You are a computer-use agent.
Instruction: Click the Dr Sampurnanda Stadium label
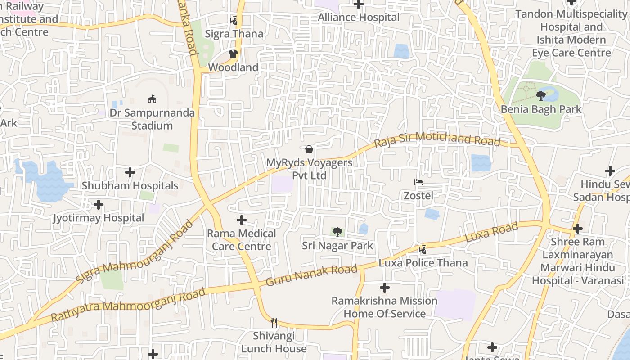pos(152,119)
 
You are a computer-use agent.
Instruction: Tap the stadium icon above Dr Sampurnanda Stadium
pos(152,99)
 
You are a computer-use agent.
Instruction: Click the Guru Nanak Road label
pos(312,275)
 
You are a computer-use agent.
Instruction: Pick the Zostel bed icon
pos(418,182)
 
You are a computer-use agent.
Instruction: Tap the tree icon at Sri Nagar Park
pos(337,232)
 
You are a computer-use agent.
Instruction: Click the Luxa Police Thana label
pos(423,263)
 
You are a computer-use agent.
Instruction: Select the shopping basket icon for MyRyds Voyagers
pos(309,149)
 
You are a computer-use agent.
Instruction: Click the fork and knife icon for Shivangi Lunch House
pos(274,322)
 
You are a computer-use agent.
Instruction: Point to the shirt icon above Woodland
pos(233,54)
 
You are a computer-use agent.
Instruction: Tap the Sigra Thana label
pos(234,34)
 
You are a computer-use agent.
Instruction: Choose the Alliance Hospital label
pos(359,18)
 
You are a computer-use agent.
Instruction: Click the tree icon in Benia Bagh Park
pos(540,95)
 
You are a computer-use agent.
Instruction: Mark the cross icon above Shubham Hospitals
pos(130,172)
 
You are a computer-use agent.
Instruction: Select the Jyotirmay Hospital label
pos(99,218)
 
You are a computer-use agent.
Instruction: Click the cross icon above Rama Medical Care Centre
pos(242,220)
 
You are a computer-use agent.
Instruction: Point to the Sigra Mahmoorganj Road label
pos(135,252)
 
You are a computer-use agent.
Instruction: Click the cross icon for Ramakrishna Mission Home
pos(385,288)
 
